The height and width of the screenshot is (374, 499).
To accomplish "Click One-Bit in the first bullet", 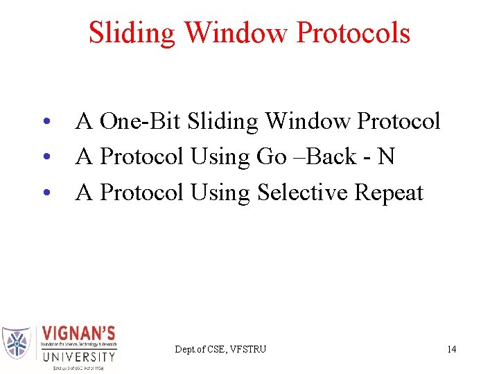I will [140, 121].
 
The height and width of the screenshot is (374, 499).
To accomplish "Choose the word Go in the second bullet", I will [271, 157].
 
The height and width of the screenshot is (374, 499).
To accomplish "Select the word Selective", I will [302, 193].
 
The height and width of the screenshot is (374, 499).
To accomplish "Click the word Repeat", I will [388, 193].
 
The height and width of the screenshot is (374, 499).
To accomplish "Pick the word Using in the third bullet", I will [221, 193].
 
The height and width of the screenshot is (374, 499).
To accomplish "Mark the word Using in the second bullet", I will [221, 157].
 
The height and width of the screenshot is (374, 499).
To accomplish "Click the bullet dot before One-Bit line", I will [45, 123].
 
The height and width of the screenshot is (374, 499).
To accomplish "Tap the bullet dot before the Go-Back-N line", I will [45, 158].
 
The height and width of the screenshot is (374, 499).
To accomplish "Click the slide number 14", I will [451, 349].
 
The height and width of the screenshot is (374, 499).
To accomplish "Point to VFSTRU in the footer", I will [247, 349].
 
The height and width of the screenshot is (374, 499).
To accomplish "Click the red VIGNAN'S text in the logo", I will [78, 333].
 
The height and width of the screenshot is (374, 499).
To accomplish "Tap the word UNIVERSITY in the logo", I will [78, 357].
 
